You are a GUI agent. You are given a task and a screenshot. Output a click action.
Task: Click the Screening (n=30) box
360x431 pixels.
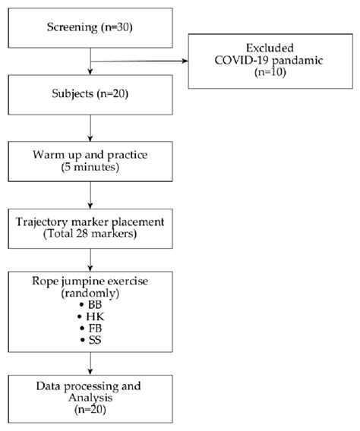tap(90, 31)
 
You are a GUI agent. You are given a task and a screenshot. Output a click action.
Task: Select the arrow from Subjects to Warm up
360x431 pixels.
tap(90, 130)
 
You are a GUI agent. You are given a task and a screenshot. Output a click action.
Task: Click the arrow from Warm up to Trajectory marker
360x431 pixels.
tap(90, 196)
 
